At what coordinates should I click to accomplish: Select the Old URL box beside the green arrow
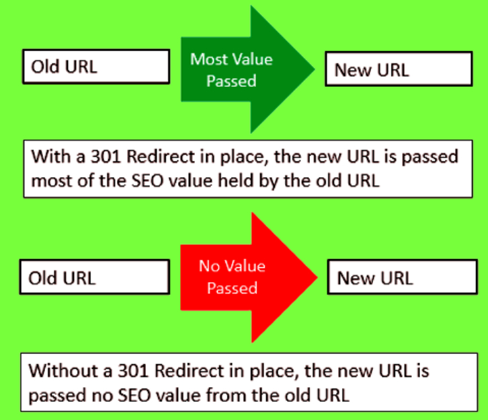click(x=96, y=67)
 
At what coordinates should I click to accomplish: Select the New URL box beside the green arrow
click(x=399, y=69)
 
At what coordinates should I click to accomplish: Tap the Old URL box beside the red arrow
click(x=95, y=277)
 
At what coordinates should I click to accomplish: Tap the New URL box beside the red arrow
click(x=402, y=277)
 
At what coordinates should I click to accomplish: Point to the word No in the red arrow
click(x=210, y=266)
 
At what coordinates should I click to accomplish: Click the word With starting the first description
click(x=50, y=156)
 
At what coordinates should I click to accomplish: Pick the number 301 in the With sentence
click(x=106, y=156)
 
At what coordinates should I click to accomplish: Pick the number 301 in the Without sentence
click(x=133, y=371)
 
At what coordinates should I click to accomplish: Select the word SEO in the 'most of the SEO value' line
click(x=147, y=180)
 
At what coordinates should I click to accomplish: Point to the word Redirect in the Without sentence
click(x=189, y=371)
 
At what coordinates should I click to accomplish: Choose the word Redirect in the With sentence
click(x=161, y=156)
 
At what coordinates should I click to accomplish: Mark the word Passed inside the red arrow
click(x=232, y=288)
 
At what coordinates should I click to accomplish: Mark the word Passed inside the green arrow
click(x=231, y=81)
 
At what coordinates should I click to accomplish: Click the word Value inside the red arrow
click(x=245, y=266)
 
